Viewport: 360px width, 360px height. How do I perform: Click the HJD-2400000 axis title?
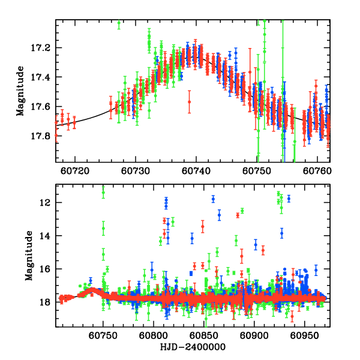click(x=193, y=348)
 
